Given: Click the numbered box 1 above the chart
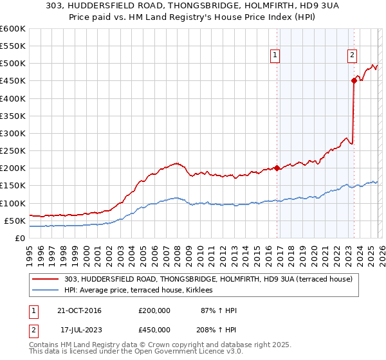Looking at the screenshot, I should (x=275, y=55).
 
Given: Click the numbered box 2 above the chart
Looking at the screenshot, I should (x=353, y=55).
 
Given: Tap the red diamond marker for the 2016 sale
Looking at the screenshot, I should (x=277, y=168).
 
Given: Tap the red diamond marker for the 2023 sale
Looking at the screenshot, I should (x=354, y=80).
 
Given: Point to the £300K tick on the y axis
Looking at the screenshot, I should (x=14, y=133).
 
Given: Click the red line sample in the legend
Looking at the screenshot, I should (x=46, y=280).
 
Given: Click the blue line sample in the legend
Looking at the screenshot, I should (x=46, y=291).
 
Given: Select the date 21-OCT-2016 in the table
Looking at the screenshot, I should (x=79, y=310).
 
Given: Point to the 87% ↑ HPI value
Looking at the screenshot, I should (x=219, y=310).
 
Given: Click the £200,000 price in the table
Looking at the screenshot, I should (x=154, y=310).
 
